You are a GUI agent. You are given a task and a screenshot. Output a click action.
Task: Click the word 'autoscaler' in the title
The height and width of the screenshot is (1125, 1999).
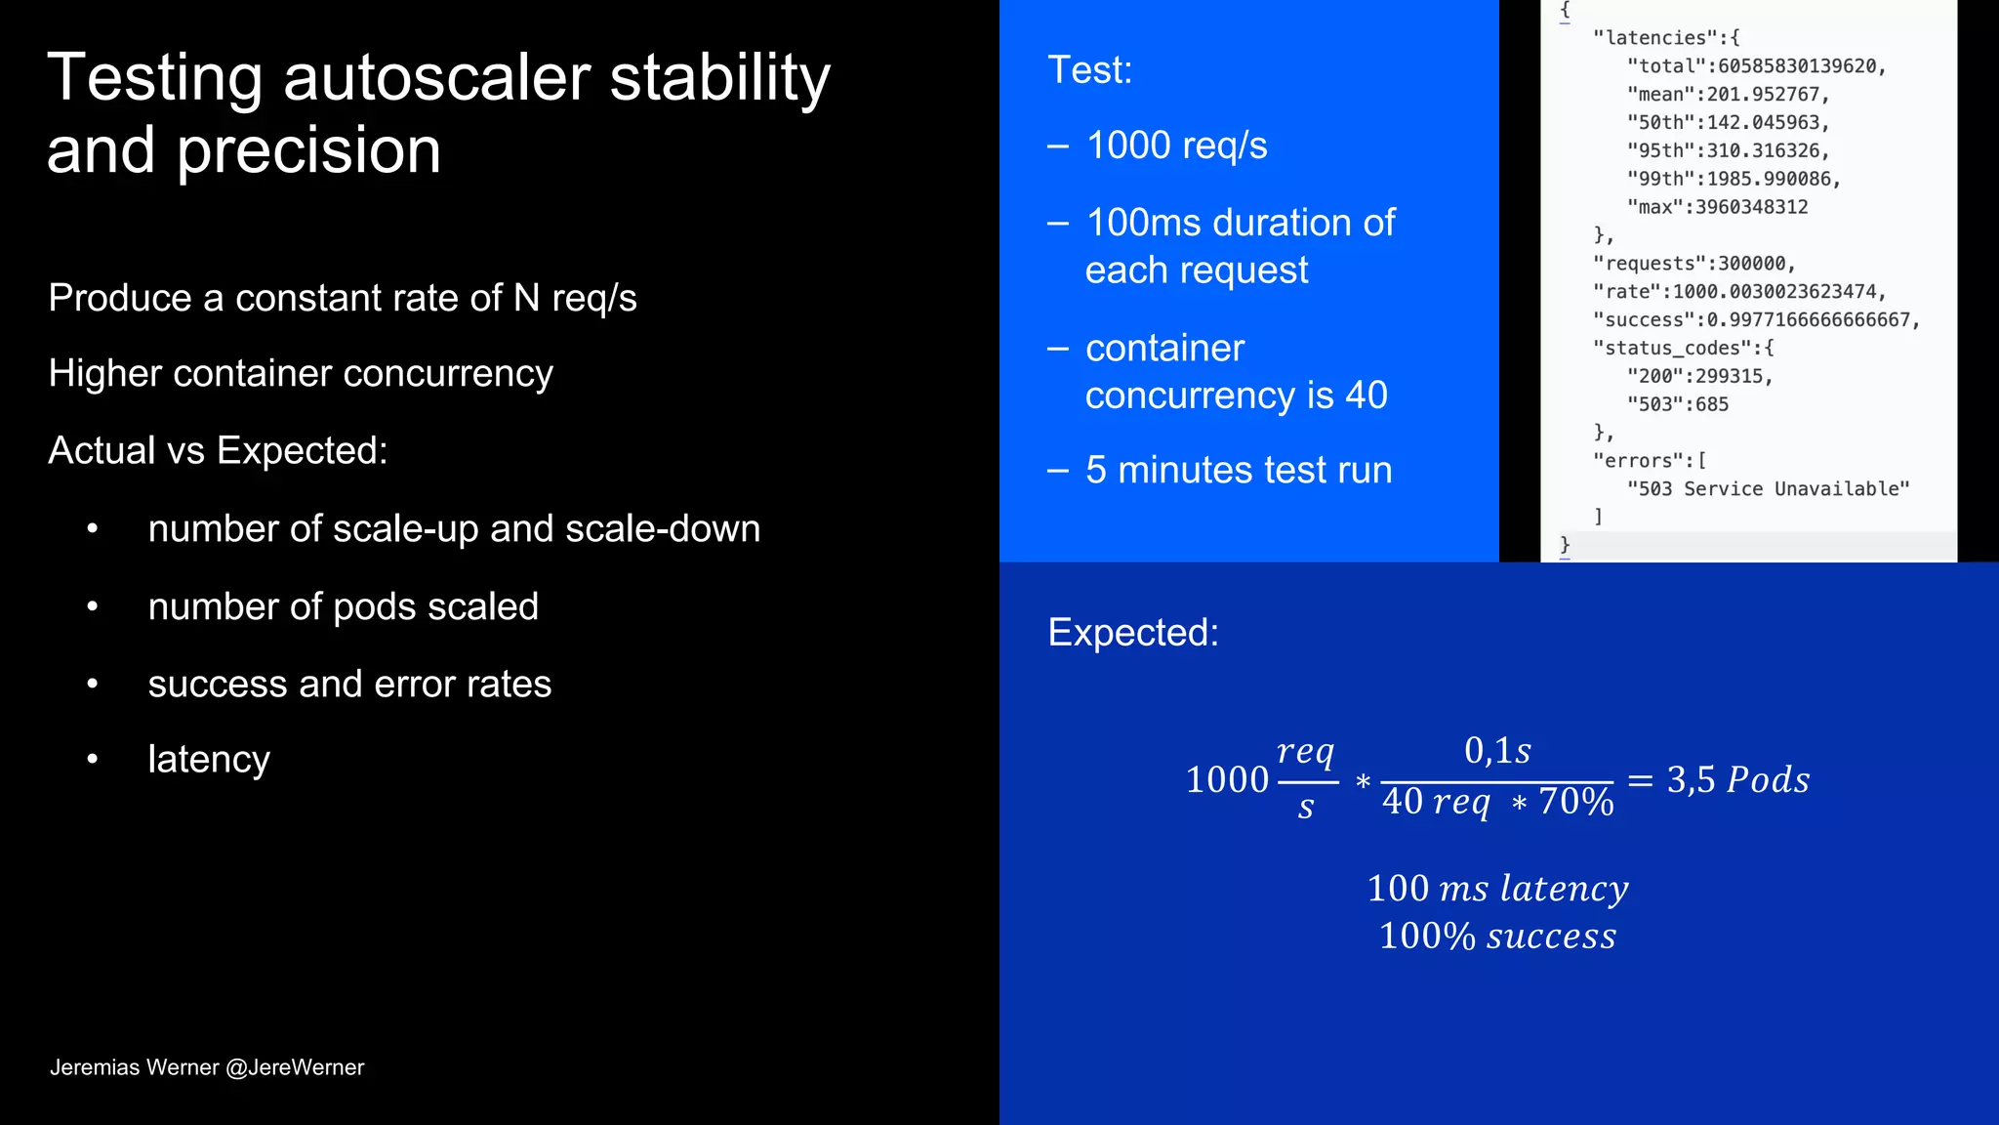tap(436, 78)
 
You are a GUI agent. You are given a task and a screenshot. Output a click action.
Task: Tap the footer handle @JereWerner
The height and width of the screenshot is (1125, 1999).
tap(295, 1067)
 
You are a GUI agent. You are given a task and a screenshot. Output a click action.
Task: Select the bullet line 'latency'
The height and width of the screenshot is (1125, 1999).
tap(209, 759)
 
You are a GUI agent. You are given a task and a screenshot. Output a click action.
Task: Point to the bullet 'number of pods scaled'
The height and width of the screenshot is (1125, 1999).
tap(343, 606)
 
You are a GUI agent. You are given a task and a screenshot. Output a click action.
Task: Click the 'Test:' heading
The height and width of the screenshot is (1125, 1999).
tap(1089, 70)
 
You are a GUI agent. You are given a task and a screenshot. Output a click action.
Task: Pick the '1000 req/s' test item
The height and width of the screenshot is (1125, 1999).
tap(1176, 146)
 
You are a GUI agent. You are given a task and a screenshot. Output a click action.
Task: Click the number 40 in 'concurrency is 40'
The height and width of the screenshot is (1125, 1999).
tap(1366, 396)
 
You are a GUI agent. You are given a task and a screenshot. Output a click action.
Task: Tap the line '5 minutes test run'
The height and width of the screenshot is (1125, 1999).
tap(1238, 471)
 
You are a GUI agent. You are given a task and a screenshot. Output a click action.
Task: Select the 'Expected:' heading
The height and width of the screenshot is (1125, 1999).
tap(1133, 633)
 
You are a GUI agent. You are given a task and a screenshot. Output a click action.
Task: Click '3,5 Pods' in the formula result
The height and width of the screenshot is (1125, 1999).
tap(1737, 779)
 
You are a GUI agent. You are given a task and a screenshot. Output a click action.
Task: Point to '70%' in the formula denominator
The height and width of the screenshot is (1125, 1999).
tap(1575, 802)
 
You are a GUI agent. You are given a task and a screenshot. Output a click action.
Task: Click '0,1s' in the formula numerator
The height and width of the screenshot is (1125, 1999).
tap(1497, 750)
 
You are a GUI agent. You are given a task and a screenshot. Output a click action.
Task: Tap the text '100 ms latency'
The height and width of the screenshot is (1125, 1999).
tap(1497, 888)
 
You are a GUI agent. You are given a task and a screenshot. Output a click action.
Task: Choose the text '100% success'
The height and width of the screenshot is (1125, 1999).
tap(1497, 936)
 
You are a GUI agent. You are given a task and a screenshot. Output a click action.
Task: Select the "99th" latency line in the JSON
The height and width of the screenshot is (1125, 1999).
tap(1733, 179)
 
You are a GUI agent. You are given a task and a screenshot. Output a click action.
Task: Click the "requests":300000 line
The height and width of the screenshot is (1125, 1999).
tap(1693, 264)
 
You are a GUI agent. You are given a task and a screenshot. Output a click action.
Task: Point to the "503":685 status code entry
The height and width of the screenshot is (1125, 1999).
tap(1677, 404)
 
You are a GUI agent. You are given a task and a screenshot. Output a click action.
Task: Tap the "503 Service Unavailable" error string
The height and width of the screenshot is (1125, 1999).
tap(1767, 489)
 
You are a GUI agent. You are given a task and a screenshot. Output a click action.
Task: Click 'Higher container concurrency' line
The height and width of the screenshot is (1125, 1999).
tap(301, 374)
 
